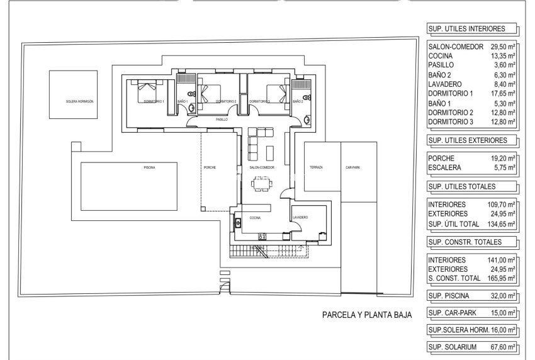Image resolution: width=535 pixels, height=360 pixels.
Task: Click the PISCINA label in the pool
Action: (x=149, y=167)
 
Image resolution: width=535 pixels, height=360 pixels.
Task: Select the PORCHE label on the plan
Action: (x=210, y=167)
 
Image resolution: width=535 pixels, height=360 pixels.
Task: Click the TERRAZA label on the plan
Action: (x=316, y=167)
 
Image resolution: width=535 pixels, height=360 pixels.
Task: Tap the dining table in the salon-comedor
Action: (x=259, y=184)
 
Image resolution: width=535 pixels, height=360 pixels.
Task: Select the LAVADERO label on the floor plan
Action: (x=300, y=218)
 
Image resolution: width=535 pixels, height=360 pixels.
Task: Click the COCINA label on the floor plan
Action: (x=254, y=218)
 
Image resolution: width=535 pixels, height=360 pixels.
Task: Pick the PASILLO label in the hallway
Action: (x=222, y=119)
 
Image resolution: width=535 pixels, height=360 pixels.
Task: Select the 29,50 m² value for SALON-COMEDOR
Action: (x=504, y=47)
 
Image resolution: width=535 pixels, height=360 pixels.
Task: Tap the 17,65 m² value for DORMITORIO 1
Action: (x=504, y=93)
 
